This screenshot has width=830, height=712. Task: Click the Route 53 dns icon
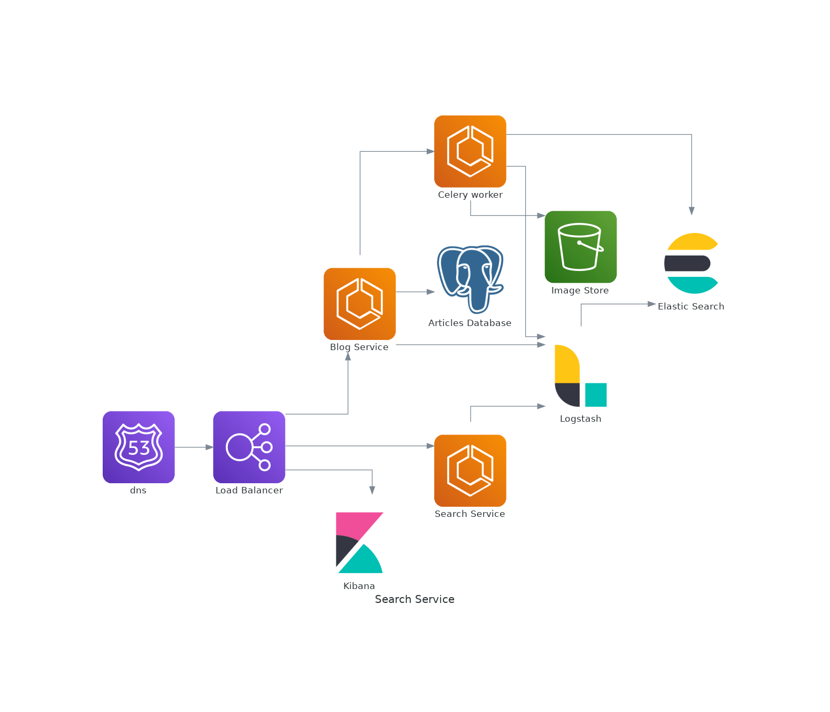tap(139, 447)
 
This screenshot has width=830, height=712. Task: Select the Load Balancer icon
tap(249, 447)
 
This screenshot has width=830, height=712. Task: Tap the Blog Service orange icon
tap(359, 304)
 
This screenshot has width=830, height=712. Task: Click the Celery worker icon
tap(470, 151)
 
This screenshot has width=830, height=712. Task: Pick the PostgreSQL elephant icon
tap(470, 278)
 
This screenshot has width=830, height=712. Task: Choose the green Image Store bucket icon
tap(580, 246)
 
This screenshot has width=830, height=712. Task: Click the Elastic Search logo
tap(691, 263)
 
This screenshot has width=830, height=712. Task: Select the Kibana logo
tap(359, 543)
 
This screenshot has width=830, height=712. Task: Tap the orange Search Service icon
tap(470, 470)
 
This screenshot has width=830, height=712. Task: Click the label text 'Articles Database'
tap(470, 323)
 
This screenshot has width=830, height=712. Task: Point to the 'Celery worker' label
tap(470, 195)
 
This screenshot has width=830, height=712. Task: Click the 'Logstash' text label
tap(580, 419)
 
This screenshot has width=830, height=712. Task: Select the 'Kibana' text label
tap(359, 586)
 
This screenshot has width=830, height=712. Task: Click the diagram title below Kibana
tap(414, 599)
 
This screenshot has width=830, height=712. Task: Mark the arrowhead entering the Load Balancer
tap(210, 447)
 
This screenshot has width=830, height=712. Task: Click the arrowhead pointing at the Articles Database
tap(431, 292)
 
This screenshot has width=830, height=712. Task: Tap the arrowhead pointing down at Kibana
tap(372, 490)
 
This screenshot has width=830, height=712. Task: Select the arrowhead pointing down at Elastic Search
tap(691, 211)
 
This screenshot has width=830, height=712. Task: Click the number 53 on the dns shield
tap(139, 448)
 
